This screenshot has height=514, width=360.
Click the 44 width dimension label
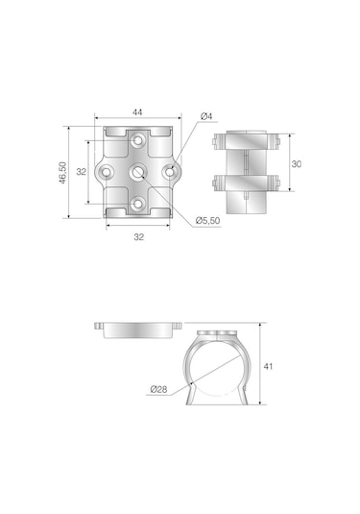click(x=137, y=112)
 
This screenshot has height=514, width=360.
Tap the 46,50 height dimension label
click(x=62, y=173)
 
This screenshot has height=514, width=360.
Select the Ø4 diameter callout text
click(x=206, y=116)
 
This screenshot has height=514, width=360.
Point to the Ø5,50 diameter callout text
click(x=207, y=221)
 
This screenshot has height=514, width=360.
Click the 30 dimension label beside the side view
click(x=296, y=164)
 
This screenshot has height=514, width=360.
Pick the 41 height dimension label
click(x=268, y=366)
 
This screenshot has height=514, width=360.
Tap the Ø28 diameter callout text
click(x=158, y=389)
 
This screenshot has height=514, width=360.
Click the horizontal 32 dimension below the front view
click(x=138, y=236)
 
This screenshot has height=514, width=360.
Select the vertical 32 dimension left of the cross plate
click(x=82, y=171)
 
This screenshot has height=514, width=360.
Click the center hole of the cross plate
click(x=137, y=172)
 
